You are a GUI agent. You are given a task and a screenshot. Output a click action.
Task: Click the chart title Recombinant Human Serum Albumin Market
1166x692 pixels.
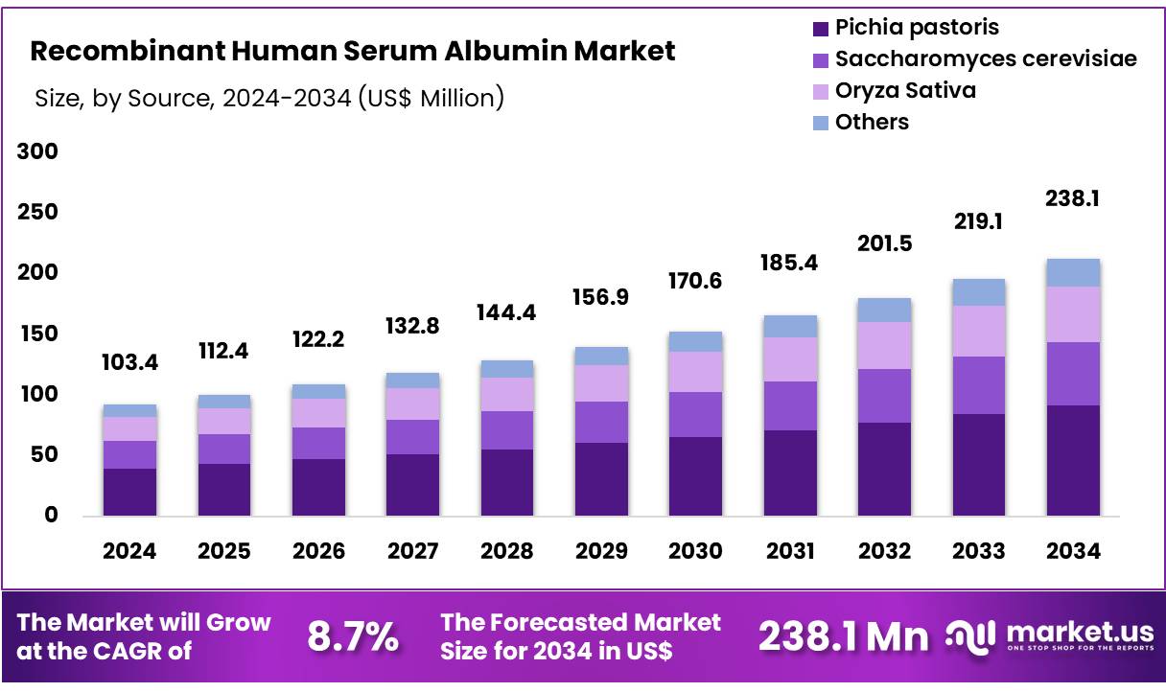pyautogui.click(x=353, y=51)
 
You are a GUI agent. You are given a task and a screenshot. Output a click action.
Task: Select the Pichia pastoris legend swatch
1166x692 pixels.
pyautogui.click(x=820, y=28)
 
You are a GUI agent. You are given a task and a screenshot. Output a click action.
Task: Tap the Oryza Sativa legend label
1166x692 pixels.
pyautogui.click(x=905, y=90)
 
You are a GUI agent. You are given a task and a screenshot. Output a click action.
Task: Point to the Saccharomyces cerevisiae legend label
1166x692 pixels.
pyautogui.click(x=986, y=58)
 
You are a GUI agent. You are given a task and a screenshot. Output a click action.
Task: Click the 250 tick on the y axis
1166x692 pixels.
pyautogui.click(x=37, y=213)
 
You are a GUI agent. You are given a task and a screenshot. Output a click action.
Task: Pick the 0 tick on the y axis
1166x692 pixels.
pyautogui.click(x=51, y=516)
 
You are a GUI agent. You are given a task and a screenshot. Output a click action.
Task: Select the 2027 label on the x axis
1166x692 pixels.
pyautogui.click(x=412, y=551)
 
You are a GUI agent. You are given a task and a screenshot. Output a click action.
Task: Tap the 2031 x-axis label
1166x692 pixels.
pyautogui.click(x=790, y=551)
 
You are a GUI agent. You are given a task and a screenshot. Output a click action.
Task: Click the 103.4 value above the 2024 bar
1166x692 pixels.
pyautogui.click(x=129, y=362)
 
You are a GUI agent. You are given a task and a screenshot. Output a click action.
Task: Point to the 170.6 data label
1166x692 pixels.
pyautogui.click(x=695, y=281)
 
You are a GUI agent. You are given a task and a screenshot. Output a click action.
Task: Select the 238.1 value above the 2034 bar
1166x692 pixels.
pyautogui.click(x=1073, y=198)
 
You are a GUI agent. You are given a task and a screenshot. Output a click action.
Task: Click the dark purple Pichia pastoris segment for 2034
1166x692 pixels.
pyautogui.click(x=1073, y=460)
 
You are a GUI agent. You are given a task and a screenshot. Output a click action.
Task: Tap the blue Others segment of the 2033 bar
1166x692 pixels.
pyautogui.click(x=978, y=292)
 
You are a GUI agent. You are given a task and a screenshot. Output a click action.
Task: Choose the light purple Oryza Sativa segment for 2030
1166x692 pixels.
pyautogui.click(x=695, y=372)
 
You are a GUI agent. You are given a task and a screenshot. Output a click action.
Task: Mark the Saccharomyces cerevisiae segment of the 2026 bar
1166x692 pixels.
pyautogui.click(x=318, y=443)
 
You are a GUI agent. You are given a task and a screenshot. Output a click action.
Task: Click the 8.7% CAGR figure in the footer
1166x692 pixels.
pyautogui.click(x=353, y=636)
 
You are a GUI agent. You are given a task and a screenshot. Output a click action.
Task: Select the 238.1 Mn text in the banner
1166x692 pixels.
pyautogui.click(x=844, y=636)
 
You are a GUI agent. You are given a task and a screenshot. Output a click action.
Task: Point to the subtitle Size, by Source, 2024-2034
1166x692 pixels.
pyautogui.click(x=269, y=98)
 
